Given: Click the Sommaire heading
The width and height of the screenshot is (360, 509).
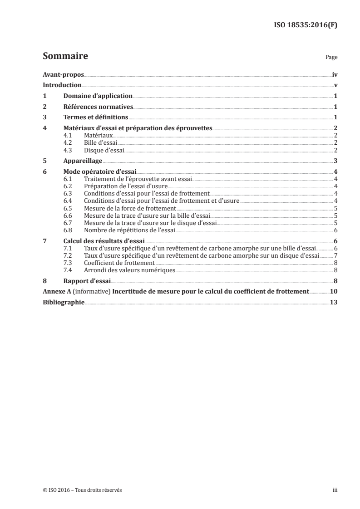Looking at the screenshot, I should [x=65, y=56].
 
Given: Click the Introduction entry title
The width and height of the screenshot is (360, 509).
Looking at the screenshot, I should [x=62, y=85].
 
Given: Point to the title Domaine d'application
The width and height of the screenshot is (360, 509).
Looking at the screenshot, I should [x=98, y=96].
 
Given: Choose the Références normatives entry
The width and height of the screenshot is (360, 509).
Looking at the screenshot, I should [x=98, y=107].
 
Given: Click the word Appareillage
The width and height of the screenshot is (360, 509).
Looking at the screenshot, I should [x=83, y=161].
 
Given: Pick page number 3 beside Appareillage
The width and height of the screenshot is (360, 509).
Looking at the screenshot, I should [x=335, y=161].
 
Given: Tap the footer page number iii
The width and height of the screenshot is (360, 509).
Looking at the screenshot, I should [x=335, y=490].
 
